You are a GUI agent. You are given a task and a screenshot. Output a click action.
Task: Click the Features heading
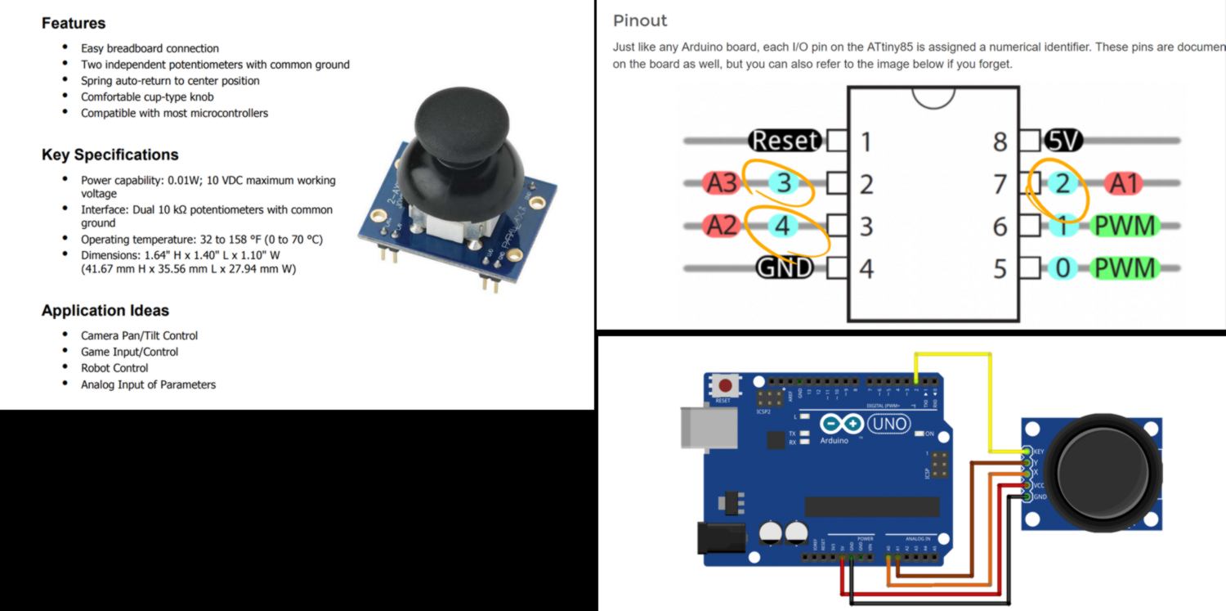coord(74,23)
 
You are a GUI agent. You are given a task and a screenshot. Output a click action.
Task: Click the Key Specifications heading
coord(110,155)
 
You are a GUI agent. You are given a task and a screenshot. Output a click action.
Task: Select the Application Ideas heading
coord(105,311)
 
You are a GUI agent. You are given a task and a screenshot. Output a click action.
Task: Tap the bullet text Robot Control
coord(114,368)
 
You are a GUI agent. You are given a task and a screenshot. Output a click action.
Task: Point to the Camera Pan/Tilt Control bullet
coord(139,335)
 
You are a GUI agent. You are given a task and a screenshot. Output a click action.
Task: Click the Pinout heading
coord(640,20)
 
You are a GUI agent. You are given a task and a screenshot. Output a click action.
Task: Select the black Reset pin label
coord(785,141)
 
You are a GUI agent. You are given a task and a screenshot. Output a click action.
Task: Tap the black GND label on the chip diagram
coord(785,267)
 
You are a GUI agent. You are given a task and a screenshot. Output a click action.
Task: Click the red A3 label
coord(721,182)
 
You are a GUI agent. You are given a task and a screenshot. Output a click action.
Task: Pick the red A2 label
coord(721,225)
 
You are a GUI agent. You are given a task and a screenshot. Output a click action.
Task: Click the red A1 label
coord(1123,183)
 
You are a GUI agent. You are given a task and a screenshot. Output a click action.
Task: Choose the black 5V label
coord(1062,141)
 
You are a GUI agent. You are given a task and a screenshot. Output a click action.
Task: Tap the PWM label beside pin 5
coord(1125,267)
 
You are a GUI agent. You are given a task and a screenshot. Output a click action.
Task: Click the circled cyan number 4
coord(782,225)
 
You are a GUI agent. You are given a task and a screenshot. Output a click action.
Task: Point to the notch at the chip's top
coord(933,97)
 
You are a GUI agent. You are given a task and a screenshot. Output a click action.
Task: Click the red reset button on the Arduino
coord(723,384)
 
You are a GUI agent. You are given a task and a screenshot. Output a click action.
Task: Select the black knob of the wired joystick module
coord(1103,469)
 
